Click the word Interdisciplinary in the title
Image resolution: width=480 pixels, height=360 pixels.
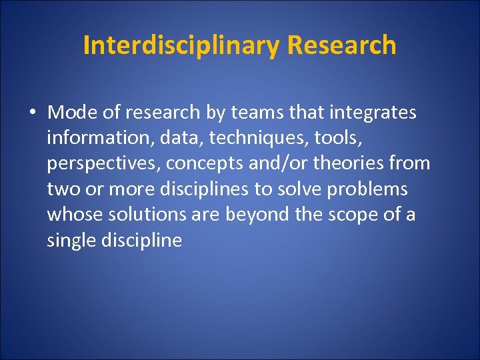tap(182, 45)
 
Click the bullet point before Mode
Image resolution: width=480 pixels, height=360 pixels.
tap(33, 113)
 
